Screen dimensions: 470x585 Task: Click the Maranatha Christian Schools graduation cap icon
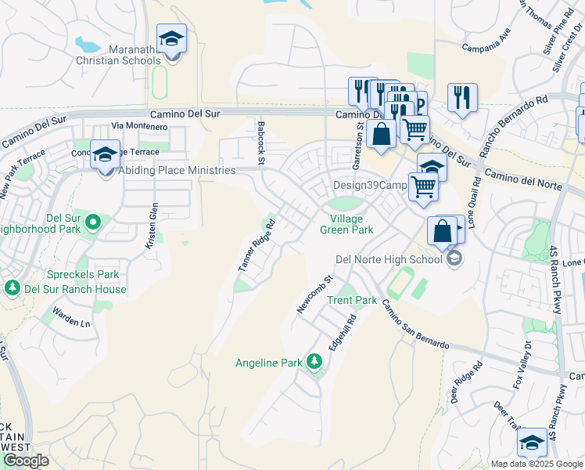(x=171, y=39)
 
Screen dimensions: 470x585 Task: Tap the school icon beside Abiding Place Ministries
(x=105, y=155)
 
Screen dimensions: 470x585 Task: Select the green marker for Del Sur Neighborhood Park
(x=93, y=223)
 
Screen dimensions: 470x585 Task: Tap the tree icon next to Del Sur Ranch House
(x=12, y=288)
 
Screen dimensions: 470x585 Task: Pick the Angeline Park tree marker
(x=314, y=362)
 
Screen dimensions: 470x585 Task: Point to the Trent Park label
(x=352, y=301)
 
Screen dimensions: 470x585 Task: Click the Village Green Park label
(x=346, y=224)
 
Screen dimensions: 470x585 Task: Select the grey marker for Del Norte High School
(x=452, y=258)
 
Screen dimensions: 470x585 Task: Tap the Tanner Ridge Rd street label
(x=257, y=246)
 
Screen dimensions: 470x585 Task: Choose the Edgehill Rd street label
(x=342, y=332)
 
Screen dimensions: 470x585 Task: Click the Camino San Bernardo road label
(x=415, y=327)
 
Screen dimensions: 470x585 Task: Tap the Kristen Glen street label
(x=153, y=226)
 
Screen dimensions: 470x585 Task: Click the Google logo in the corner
(x=26, y=461)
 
